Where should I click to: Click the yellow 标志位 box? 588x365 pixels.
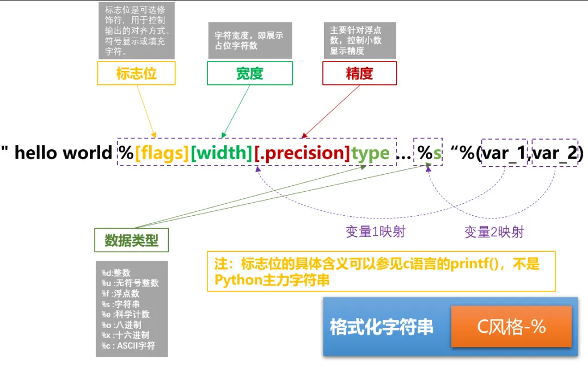tap(136, 73)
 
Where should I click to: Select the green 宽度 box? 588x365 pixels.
tap(249, 73)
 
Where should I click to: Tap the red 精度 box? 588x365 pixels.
tap(359, 73)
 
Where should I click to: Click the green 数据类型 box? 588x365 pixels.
tap(131, 240)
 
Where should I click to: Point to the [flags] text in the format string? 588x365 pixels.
tap(162, 153)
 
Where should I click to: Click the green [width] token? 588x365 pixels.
tap(221, 153)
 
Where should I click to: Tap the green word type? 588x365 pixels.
tap(370, 153)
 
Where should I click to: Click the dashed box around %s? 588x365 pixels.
tap(428, 153)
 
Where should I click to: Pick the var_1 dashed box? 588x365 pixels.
tap(504, 153)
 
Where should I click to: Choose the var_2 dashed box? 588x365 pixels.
tap(554, 153)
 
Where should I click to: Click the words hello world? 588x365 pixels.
tap(63, 153)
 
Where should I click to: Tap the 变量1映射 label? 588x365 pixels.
tap(376, 232)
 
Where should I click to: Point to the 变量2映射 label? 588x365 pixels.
tap(494, 232)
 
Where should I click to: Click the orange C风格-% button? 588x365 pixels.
tap(511, 326)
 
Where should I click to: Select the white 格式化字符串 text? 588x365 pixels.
tap(382, 327)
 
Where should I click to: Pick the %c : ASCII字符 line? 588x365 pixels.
tap(128, 345)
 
